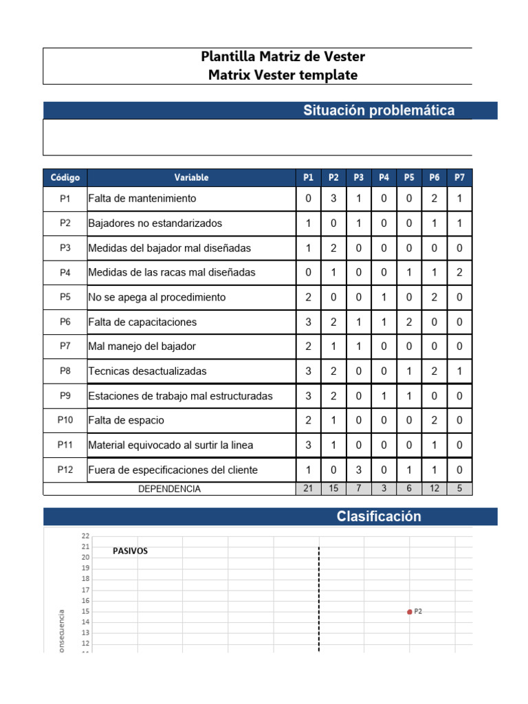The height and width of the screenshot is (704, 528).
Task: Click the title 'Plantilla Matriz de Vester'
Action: (283, 56)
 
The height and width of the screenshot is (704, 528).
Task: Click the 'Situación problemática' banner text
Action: (379, 111)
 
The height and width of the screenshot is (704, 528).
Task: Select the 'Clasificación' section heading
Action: (379, 517)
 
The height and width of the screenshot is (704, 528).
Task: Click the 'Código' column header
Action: (65, 177)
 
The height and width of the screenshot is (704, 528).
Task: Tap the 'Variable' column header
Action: (191, 177)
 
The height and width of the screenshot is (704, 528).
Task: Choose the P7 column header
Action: (459, 177)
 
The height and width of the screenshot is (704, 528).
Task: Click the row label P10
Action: (65, 420)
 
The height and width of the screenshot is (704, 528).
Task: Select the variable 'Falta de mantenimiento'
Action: (142, 199)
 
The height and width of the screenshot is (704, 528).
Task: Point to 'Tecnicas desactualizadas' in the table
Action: (147, 371)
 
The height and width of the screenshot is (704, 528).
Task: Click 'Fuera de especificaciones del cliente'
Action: (173, 470)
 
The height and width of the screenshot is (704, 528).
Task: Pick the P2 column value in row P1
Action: (333, 199)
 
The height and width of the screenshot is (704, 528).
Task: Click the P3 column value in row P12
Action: (359, 470)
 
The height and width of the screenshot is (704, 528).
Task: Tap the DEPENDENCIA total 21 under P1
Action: (308, 489)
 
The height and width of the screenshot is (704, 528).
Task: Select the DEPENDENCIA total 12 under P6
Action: (434, 489)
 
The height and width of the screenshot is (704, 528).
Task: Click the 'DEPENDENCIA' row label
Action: (169, 489)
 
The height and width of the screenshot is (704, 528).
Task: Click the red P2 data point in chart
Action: (410, 611)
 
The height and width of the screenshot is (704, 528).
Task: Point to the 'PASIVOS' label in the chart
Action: (131, 551)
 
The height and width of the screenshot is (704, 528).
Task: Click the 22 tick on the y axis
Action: (85, 536)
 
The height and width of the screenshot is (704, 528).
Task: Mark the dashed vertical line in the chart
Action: (319, 598)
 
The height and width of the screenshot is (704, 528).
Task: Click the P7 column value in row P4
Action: (459, 273)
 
